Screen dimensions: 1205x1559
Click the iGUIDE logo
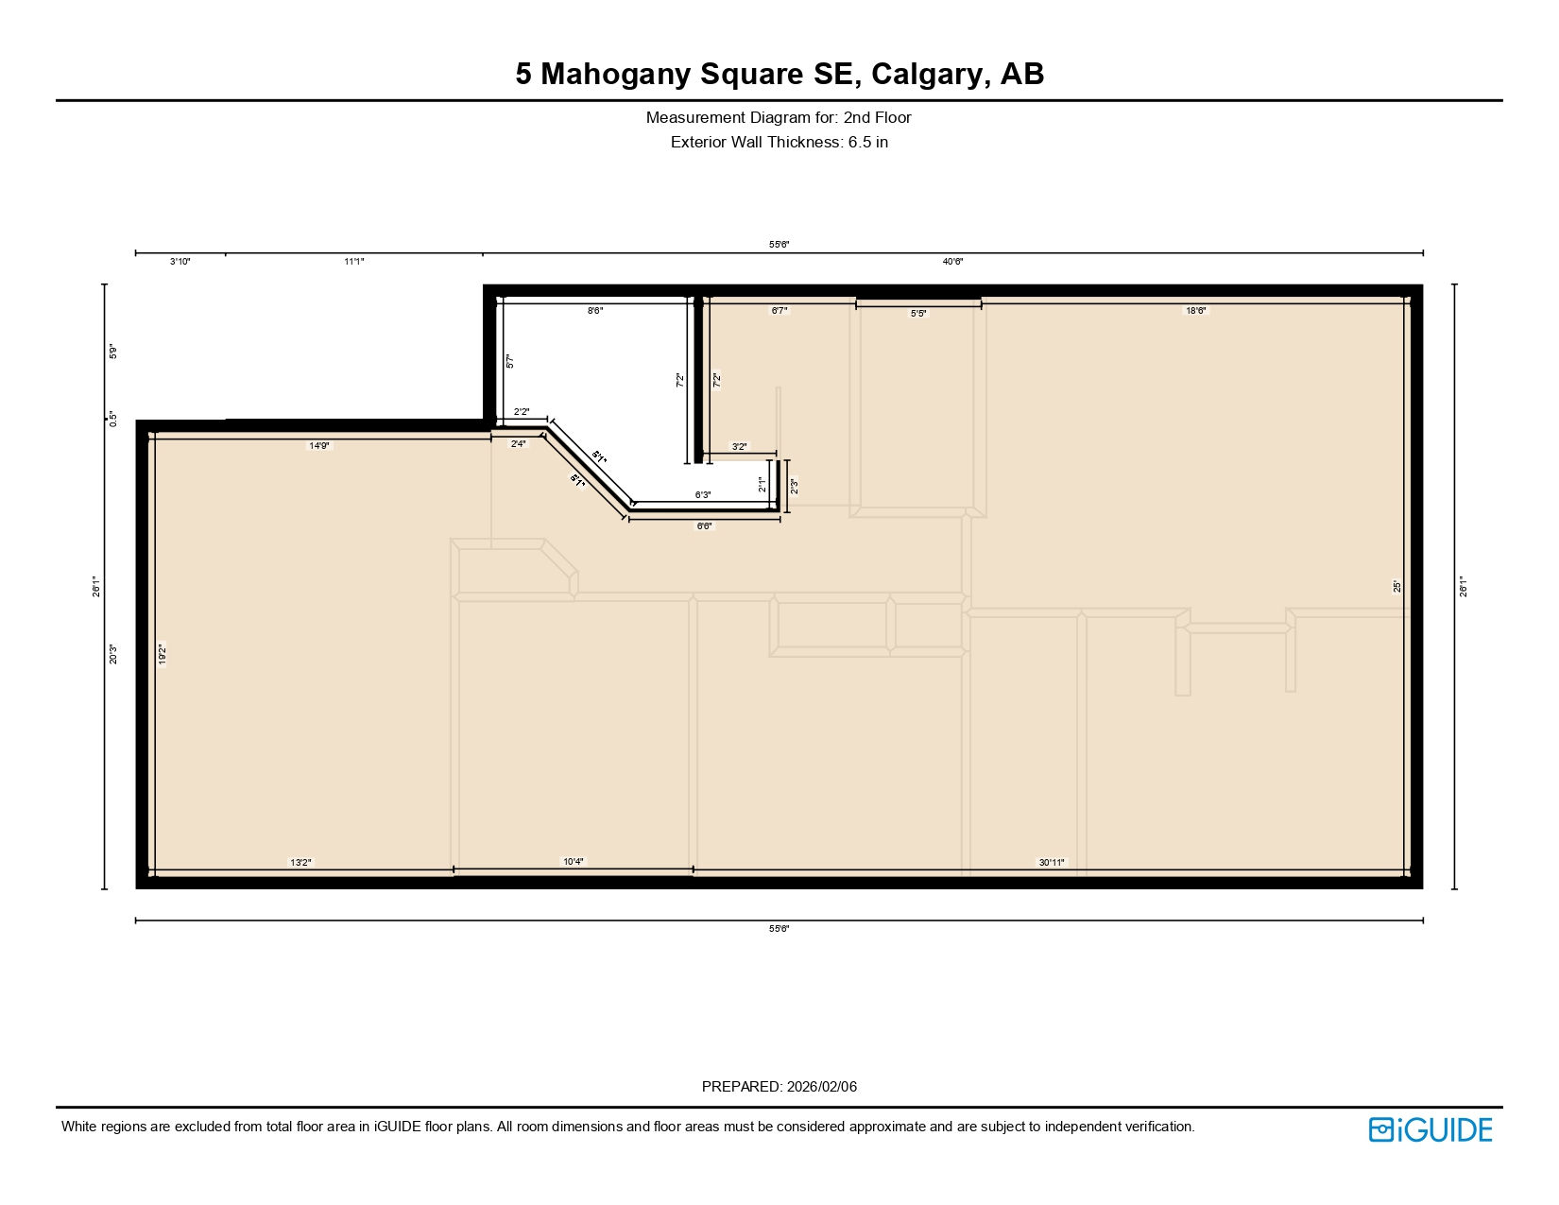[1430, 1129]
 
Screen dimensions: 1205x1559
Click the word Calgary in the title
[926, 74]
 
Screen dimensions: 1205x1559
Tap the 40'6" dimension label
[952, 262]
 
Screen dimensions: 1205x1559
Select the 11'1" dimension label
[354, 262]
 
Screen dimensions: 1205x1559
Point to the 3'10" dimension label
[180, 262]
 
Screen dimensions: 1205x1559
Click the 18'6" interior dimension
[1196, 310]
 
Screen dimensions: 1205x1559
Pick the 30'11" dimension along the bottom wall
[1052, 862]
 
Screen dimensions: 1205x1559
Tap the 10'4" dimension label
[574, 861]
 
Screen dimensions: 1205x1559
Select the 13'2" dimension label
[300, 862]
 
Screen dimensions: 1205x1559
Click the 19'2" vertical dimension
[163, 654]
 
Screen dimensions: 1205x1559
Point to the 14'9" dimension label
[319, 445]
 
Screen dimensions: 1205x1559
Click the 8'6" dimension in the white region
[595, 310]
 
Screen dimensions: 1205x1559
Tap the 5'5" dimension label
[918, 313]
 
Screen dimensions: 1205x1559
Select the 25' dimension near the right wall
[1397, 586]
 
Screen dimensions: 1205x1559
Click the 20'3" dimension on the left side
[113, 654]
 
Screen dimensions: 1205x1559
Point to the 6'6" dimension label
[705, 525]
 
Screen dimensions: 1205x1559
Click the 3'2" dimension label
[739, 446]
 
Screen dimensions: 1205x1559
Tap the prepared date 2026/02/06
[821, 1087]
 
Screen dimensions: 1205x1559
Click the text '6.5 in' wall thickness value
[867, 143]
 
